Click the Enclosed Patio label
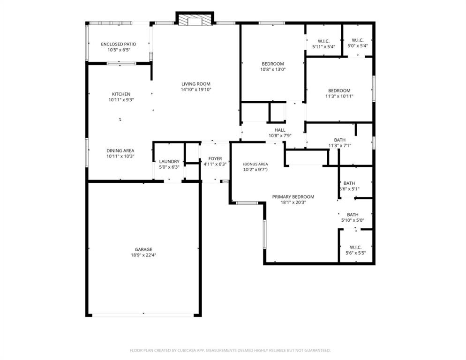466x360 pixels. pyautogui.click(x=118, y=44)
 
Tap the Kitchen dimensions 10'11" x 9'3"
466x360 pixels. pyautogui.click(x=121, y=99)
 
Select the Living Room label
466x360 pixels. pyautogui.click(x=196, y=84)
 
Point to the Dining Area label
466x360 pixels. pyautogui.click(x=120, y=150)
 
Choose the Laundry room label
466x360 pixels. pyautogui.click(x=169, y=161)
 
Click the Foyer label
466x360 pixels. pyautogui.click(x=215, y=158)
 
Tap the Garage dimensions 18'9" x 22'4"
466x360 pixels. pyautogui.click(x=144, y=255)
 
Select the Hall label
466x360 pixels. pyautogui.click(x=280, y=130)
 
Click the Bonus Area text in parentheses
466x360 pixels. pyautogui.click(x=255, y=164)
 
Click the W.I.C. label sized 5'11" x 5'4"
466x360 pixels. pyautogui.click(x=323, y=41)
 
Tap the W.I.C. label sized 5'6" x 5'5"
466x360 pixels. pyautogui.click(x=355, y=247)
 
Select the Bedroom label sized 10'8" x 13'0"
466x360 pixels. pyautogui.click(x=273, y=64)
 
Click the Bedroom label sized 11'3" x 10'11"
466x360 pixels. pyautogui.click(x=339, y=90)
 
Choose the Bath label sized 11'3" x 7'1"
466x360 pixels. pyautogui.click(x=340, y=140)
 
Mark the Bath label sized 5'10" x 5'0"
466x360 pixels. pyautogui.click(x=353, y=214)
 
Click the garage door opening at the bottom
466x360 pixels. pyautogui.click(x=143, y=315)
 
